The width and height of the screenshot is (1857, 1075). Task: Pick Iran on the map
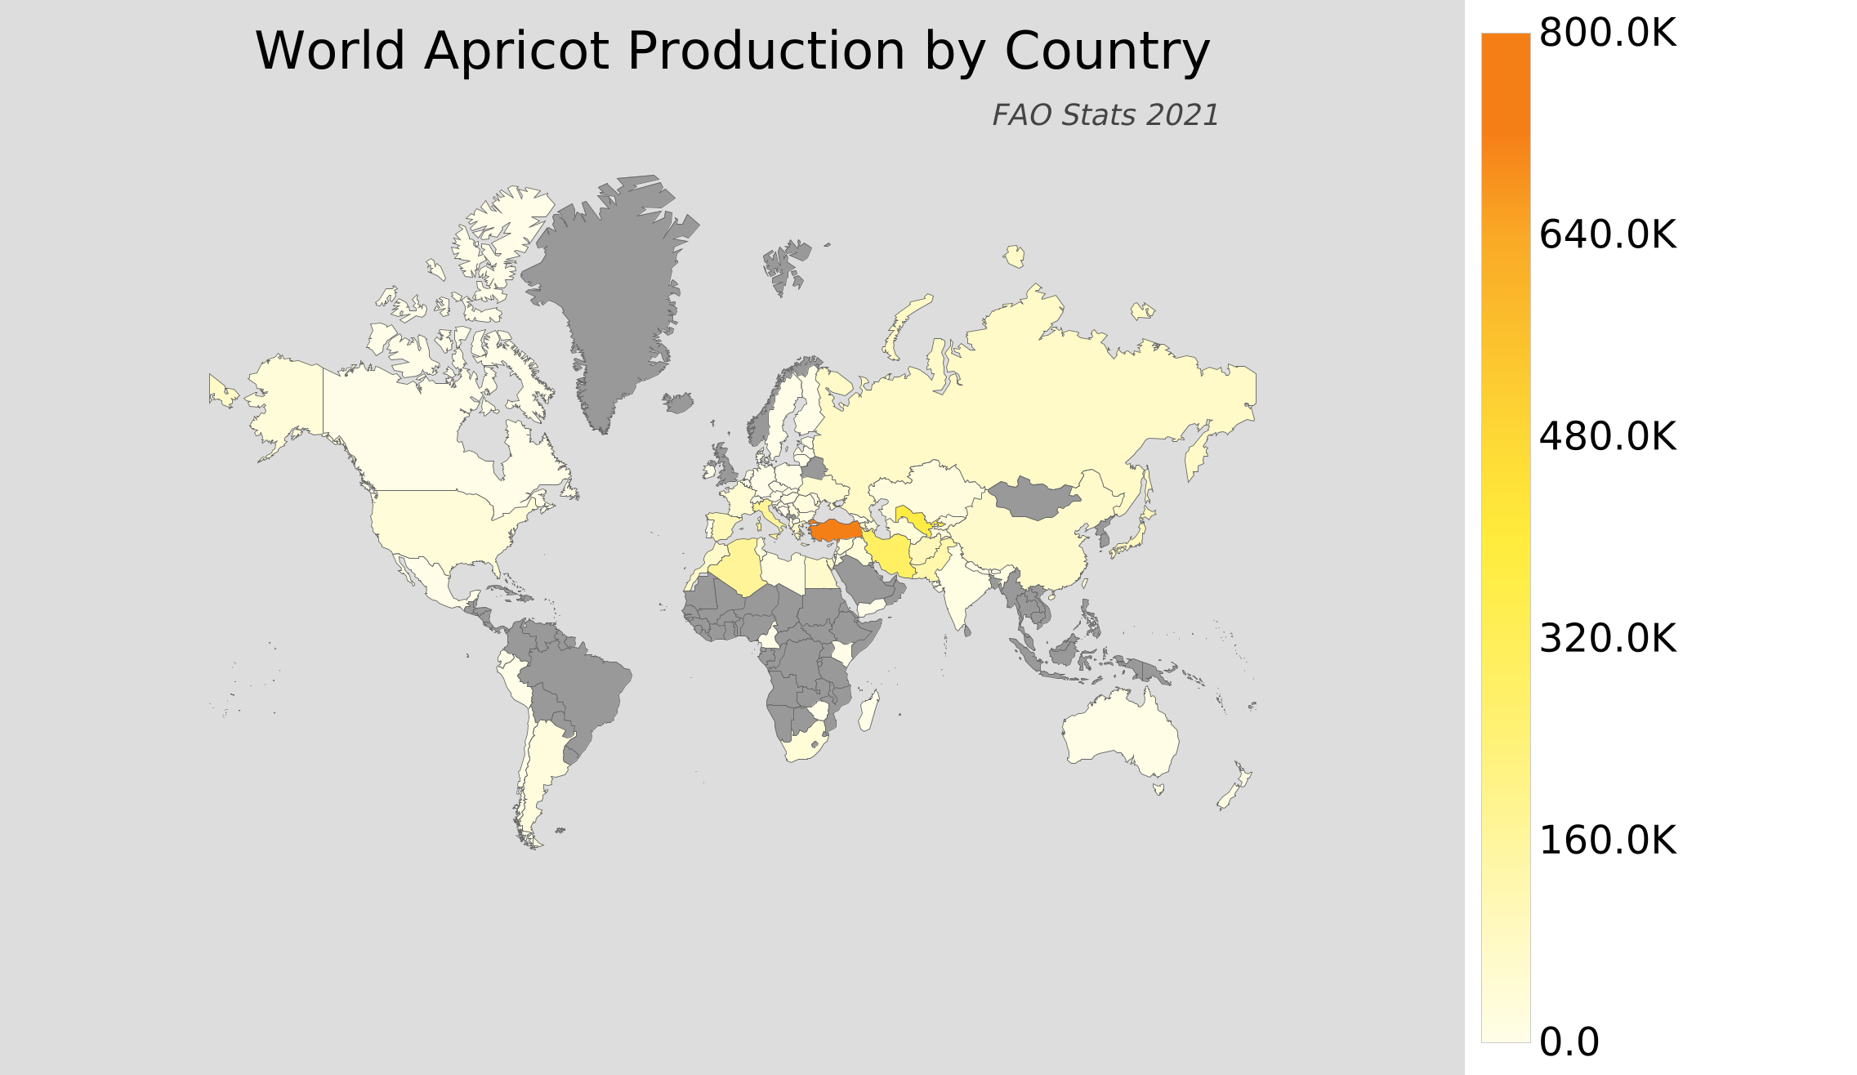coord(891,555)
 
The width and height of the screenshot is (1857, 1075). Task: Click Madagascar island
coord(869,711)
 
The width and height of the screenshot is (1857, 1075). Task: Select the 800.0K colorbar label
coord(1607,34)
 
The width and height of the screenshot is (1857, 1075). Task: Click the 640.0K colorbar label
coord(1607,235)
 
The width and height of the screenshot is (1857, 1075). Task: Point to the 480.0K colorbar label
coord(1607,437)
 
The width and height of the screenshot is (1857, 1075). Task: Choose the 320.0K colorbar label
coord(1607,639)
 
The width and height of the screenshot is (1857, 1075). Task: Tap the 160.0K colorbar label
coord(1607,841)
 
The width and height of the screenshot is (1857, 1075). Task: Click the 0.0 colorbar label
coord(1569,1042)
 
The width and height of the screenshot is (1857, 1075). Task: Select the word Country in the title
coord(1107,51)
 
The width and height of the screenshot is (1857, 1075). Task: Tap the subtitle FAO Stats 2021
coord(1105,115)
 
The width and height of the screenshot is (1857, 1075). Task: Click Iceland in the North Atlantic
coord(679,403)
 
